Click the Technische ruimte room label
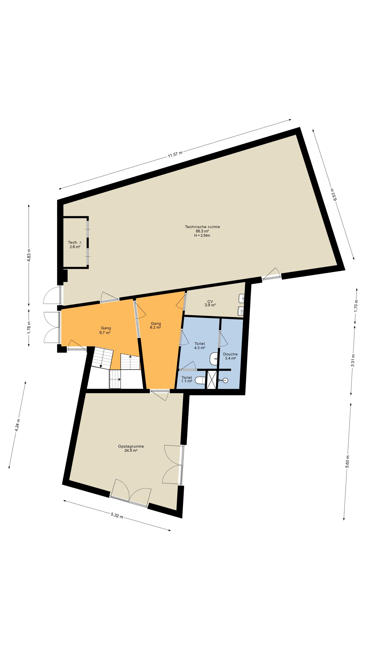pyautogui.click(x=202, y=227)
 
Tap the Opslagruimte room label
pyautogui.click(x=131, y=446)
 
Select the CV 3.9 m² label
pyautogui.click(x=210, y=303)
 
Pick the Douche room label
pyautogui.click(x=230, y=354)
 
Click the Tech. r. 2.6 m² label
pyautogui.click(x=75, y=244)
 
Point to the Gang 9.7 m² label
pyautogui.click(x=106, y=330)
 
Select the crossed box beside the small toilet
pyautogui.click(x=211, y=380)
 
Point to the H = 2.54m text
pyautogui.click(x=202, y=235)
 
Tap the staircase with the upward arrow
pyautogui.click(x=130, y=362)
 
